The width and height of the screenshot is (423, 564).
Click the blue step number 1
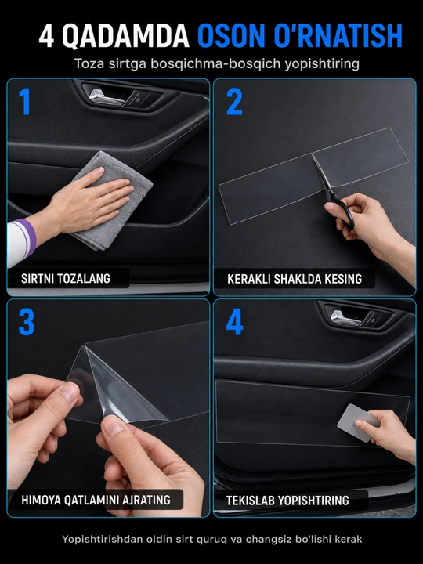pos(24,101)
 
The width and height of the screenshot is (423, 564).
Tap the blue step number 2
pos(234,101)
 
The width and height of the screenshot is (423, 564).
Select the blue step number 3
pos(27,322)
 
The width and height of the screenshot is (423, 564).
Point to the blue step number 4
pos(234,322)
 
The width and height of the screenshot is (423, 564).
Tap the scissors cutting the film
pos(334,194)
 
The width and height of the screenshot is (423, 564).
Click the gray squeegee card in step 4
pos(357,423)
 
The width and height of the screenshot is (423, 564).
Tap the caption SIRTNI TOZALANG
pos(66,279)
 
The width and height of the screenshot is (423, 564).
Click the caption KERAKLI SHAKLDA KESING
pos(295,279)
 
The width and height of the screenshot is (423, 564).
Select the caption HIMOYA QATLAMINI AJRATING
pos(96,500)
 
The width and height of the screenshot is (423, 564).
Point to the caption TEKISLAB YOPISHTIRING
pos(287,501)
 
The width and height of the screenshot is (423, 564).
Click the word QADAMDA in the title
pos(126,36)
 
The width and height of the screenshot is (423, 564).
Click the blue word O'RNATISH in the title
pos(338,36)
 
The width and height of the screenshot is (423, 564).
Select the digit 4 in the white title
pos(46,36)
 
